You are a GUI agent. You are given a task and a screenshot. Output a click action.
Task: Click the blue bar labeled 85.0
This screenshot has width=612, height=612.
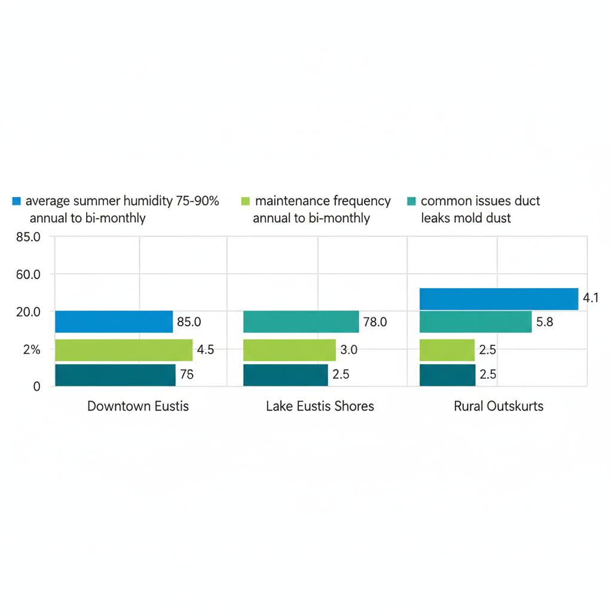pyautogui.click(x=114, y=322)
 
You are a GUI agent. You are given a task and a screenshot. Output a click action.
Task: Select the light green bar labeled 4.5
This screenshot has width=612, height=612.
pyautogui.click(x=124, y=350)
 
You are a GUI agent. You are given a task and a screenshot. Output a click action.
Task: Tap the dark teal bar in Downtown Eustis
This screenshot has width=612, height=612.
pyautogui.click(x=115, y=375)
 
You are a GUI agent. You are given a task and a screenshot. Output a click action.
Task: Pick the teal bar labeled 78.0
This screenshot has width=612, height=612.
pyautogui.click(x=301, y=322)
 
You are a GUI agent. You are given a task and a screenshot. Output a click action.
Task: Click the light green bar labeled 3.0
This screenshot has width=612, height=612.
pyautogui.click(x=289, y=350)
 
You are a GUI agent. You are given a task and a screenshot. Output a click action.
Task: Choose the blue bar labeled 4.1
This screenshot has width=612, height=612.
pyautogui.click(x=498, y=299)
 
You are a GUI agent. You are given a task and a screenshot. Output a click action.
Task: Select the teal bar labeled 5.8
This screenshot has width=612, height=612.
pyautogui.click(x=475, y=322)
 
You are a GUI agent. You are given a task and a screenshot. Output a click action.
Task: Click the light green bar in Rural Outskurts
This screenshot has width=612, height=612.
pyautogui.click(x=447, y=350)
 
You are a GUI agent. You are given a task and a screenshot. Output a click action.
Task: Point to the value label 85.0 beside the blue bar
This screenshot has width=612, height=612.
pyautogui.click(x=189, y=322)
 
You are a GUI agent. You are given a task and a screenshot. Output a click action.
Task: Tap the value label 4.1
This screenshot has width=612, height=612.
pyautogui.click(x=590, y=298)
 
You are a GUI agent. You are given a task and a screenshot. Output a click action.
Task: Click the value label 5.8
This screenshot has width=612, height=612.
pyautogui.click(x=544, y=322)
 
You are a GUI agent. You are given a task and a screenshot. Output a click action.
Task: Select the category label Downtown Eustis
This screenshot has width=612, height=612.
pyautogui.click(x=138, y=406)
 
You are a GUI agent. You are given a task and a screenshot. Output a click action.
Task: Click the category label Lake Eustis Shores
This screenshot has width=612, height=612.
pyautogui.click(x=320, y=406)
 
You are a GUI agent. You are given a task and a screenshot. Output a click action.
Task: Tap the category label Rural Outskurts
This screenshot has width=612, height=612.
pyautogui.click(x=498, y=406)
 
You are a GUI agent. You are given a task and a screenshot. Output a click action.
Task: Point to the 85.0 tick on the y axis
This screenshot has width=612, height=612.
pyautogui.click(x=29, y=237)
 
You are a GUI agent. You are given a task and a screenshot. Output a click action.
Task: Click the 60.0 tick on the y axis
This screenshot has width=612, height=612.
pyautogui.click(x=29, y=275)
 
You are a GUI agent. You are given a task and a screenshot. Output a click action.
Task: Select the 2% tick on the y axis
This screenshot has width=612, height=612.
pyautogui.click(x=31, y=350)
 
